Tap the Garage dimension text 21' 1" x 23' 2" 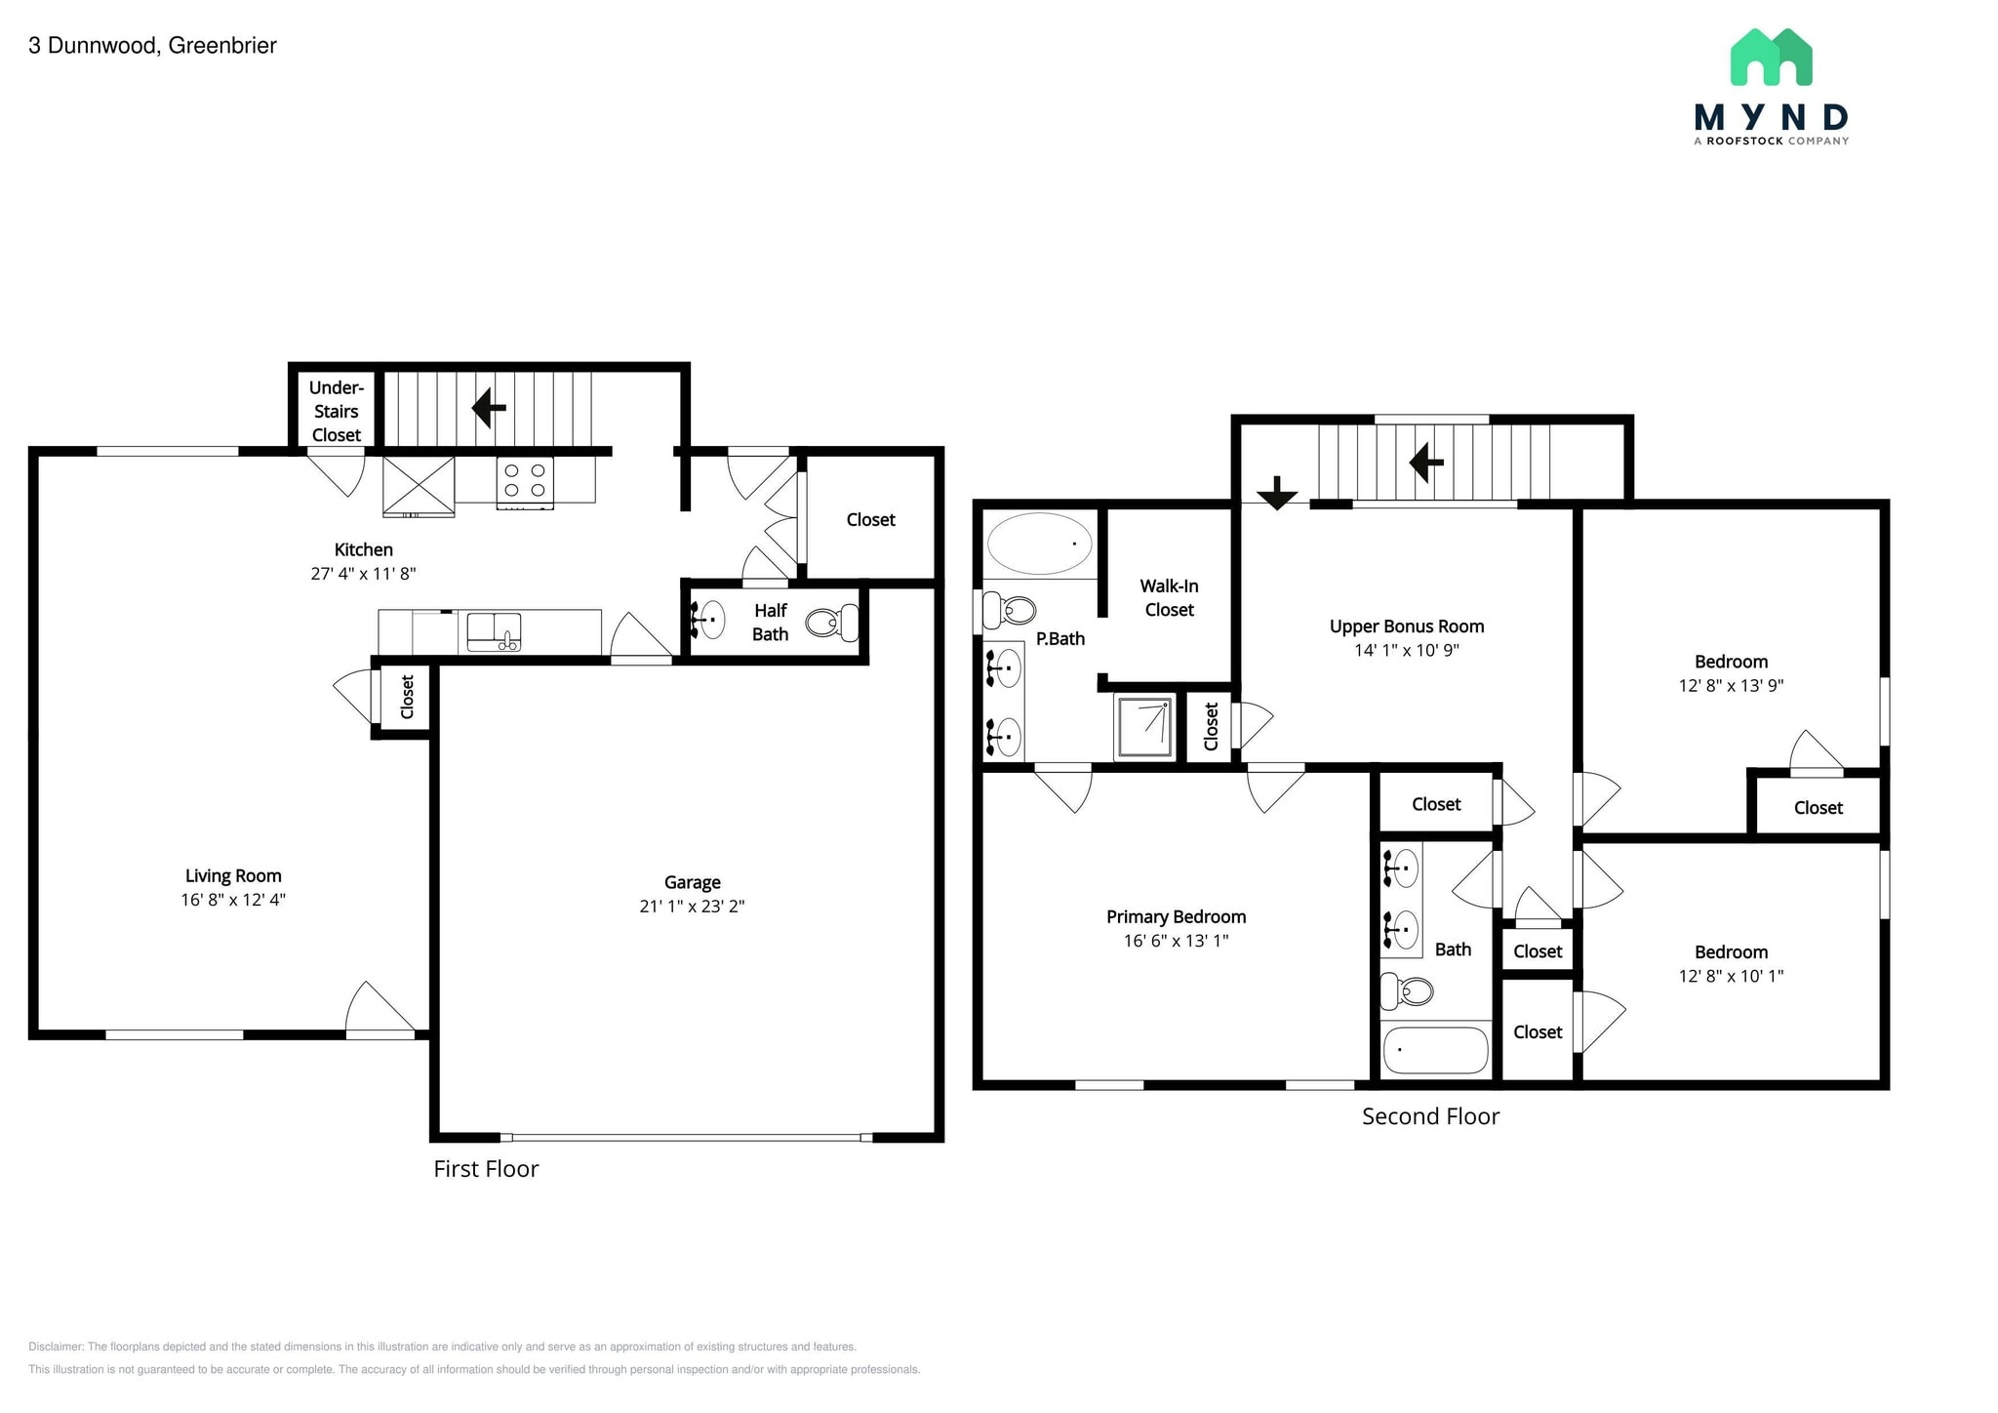pyautogui.click(x=692, y=907)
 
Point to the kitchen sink pyautogui.click(x=494, y=631)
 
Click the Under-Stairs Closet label pyautogui.click(x=336, y=412)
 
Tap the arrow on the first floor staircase pyautogui.click(x=489, y=408)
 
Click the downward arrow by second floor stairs pyautogui.click(x=1276, y=493)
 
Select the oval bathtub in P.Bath pyautogui.click(x=1039, y=544)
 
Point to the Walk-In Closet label pyautogui.click(x=1169, y=598)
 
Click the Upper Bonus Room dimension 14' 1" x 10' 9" pyautogui.click(x=1406, y=651)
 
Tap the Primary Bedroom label pyautogui.click(x=1176, y=917)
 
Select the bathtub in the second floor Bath pyautogui.click(x=1435, y=1050)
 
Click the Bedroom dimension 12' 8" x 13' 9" pyautogui.click(x=1731, y=686)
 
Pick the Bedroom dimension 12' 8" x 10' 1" pyautogui.click(x=1731, y=976)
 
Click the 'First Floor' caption pyautogui.click(x=486, y=1169)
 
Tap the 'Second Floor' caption pyautogui.click(x=1430, y=1116)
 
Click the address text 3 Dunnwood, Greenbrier pyautogui.click(x=152, y=46)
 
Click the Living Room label pyautogui.click(x=233, y=876)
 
